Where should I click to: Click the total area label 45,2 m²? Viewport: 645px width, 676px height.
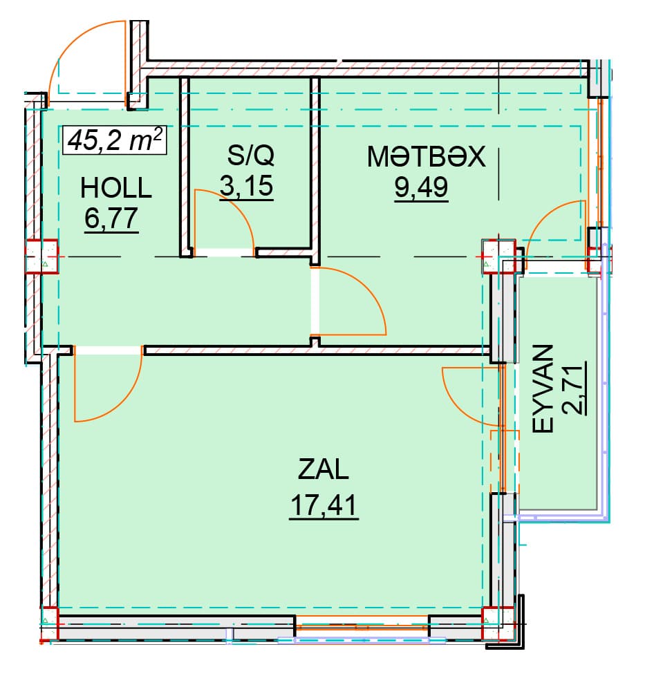click(x=115, y=140)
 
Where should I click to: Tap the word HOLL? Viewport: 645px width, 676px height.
click(x=116, y=189)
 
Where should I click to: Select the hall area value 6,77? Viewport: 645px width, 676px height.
click(x=111, y=218)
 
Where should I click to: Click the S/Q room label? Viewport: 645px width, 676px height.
click(x=250, y=155)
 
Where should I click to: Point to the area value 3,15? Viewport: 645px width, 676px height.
click(x=246, y=186)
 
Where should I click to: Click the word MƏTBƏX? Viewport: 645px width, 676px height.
click(x=426, y=156)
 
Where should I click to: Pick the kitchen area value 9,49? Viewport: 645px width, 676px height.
click(x=421, y=187)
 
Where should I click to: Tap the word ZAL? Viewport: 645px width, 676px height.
click(x=323, y=469)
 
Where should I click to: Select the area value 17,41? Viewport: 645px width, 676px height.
click(x=324, y=505)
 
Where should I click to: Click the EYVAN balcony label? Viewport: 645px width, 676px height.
click(x=543, y=388)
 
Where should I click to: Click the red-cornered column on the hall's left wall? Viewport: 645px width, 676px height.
click(x=41, y=256)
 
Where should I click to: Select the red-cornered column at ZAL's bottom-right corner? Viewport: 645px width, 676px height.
click(x=498, y=622)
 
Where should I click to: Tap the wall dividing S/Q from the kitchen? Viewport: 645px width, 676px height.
click(x=315, y=171)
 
